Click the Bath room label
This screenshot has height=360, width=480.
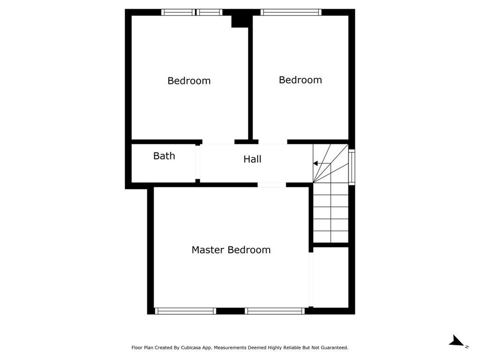point(164,156)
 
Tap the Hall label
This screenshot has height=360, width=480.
point(252,159)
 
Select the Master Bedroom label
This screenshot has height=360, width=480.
point(231,250)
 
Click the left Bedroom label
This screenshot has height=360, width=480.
point(189,81)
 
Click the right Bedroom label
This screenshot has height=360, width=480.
point(300,80)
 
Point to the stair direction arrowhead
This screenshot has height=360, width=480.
point(315,164)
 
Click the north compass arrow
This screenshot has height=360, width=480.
point(457,341)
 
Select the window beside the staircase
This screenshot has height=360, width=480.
point(352,167)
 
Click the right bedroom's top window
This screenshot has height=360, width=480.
point(291,12)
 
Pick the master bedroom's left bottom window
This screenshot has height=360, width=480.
point(186,311)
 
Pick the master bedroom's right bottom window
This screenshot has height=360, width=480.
point(275,311)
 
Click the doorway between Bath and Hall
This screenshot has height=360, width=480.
point(198,162)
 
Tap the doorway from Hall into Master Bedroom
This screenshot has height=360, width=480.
point(272,185)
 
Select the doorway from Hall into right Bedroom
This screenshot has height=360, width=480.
point(273,142)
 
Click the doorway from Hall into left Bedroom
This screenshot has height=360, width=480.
point(218,142)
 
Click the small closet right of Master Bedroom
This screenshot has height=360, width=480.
point(331,277)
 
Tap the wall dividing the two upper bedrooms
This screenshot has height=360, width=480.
point(250,78)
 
